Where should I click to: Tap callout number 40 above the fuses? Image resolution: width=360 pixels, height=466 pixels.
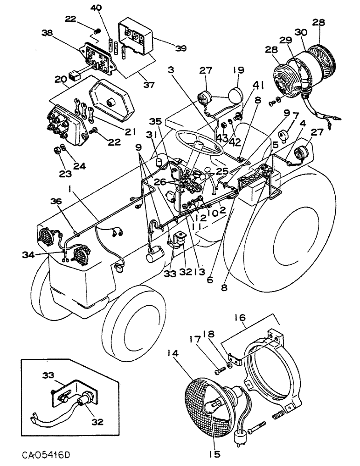tap(96, 7)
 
